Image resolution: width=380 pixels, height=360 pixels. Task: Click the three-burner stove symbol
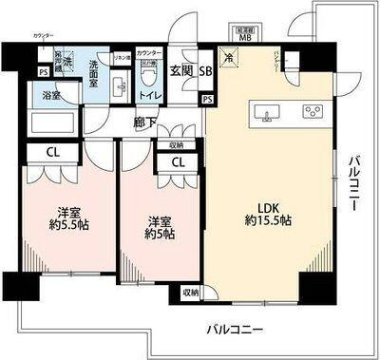tap(312, 111)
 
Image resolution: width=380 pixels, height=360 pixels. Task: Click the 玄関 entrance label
tap(182, 71)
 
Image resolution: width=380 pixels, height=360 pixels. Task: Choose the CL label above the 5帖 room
tap(177, 161)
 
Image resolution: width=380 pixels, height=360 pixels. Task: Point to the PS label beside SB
tap(206, 98)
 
